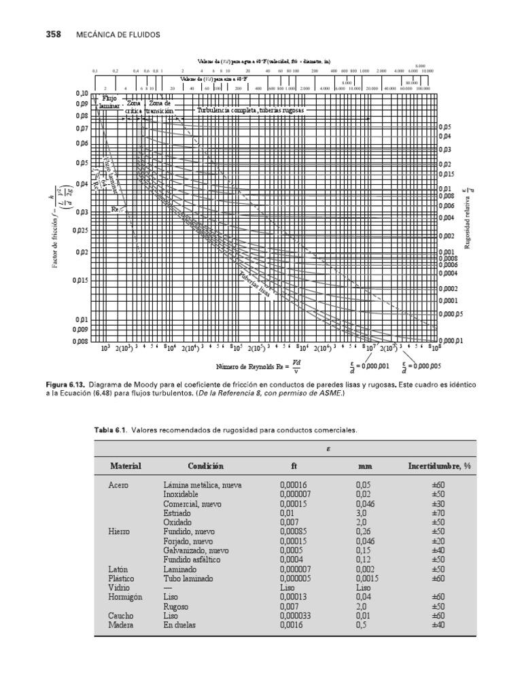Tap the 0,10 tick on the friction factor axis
81,93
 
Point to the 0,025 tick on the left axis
80,230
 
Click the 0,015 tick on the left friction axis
80,280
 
